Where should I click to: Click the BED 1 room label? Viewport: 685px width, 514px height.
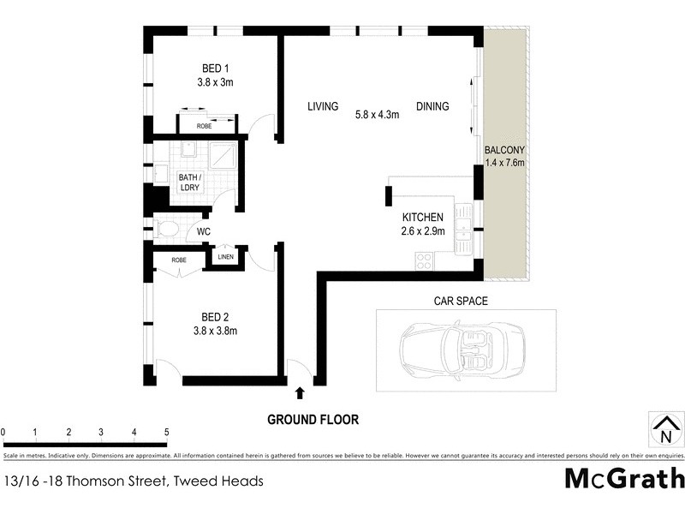point(216,69)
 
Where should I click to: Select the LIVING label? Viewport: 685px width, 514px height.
point(323,107)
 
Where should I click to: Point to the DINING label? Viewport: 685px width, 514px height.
point(432,107)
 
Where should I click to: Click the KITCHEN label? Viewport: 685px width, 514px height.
point(422,218)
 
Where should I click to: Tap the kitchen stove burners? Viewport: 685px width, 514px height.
point(423,260)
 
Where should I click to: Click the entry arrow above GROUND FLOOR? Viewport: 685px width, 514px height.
point(300,393)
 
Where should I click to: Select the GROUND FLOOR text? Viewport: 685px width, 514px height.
point(313,420)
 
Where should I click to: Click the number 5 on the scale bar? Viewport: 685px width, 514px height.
point(166,432)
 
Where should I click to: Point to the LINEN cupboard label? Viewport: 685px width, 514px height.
point(225,256)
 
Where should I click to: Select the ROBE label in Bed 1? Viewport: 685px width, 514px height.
point(204,126)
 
